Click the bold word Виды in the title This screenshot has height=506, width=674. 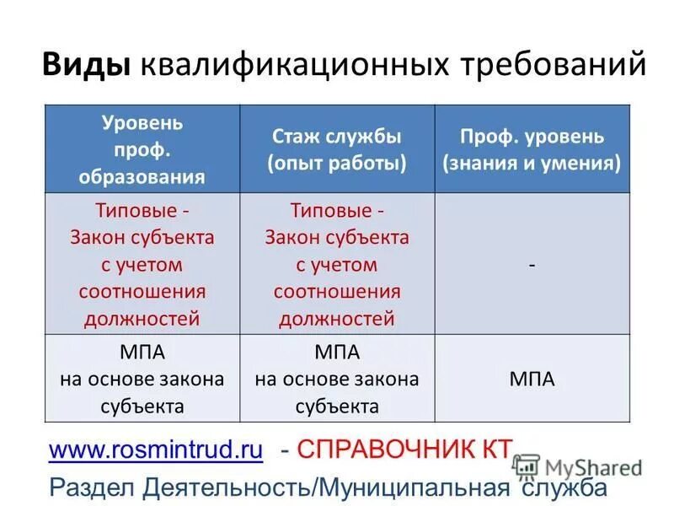coord(87,65)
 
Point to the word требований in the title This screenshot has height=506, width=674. coord(552,65)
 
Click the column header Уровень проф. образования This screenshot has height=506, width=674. coord(142,149)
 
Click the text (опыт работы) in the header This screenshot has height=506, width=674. coord(337,163)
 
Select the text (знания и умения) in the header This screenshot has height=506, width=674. coord(532,163)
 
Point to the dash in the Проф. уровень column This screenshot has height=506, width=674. coord(532,264)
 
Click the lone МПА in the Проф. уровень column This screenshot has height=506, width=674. coord(532,379)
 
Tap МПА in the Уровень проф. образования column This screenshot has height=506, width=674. coord(142,351)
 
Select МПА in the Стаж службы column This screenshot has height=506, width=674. coord(337,351)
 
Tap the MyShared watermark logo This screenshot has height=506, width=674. coord(577,467)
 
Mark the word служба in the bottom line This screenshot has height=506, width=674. coord(562,487)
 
